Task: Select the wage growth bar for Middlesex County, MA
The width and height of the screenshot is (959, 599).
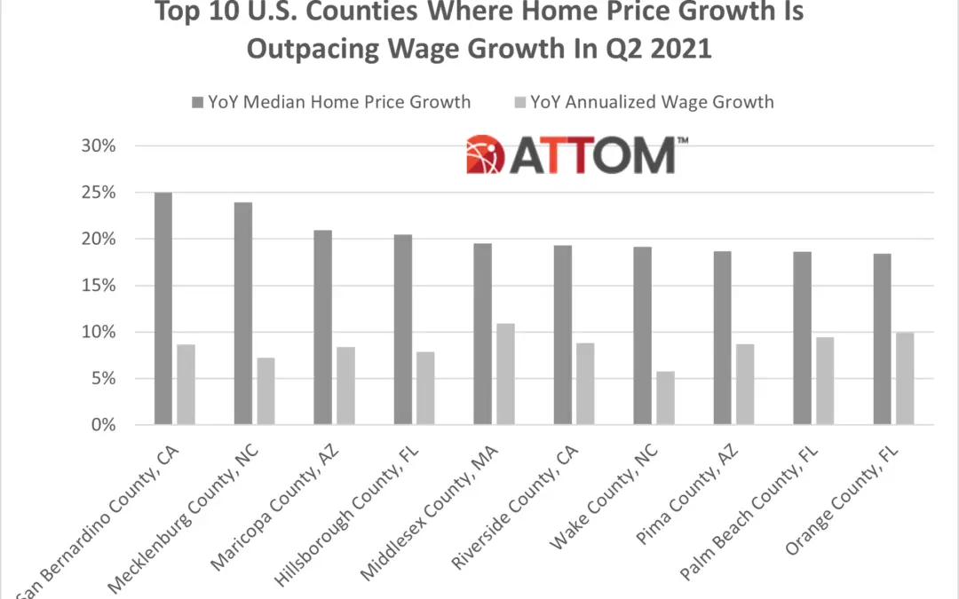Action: pyautogui.click(x=505, y=374)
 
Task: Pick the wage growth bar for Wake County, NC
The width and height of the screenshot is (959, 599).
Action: pyautogui.click(x=665, y=398)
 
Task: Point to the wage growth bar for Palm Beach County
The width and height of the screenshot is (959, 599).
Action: pyautogui.click(x=825, y=381)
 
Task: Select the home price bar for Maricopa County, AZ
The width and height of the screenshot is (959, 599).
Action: pyautogui.click(x=322, y=327)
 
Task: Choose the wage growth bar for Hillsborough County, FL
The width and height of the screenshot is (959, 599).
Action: pyautogui.click(x=425, y=389)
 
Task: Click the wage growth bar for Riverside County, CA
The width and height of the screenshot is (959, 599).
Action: pyautogui.click(x=585, y=384)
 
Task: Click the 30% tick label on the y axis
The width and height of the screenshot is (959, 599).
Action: pyautogui.click(x=98, y=146)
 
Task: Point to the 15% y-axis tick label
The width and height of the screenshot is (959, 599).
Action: pyautogui.click(x=98, y=286)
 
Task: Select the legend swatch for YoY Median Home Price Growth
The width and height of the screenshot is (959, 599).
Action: pyautogui.click(x=196, y=103)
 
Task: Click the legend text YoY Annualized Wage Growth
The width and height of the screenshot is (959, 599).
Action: pyautogui.click(x=652, y=102)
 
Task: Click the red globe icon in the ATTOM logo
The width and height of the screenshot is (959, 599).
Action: pyautogui.click(x=485, y=154)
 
